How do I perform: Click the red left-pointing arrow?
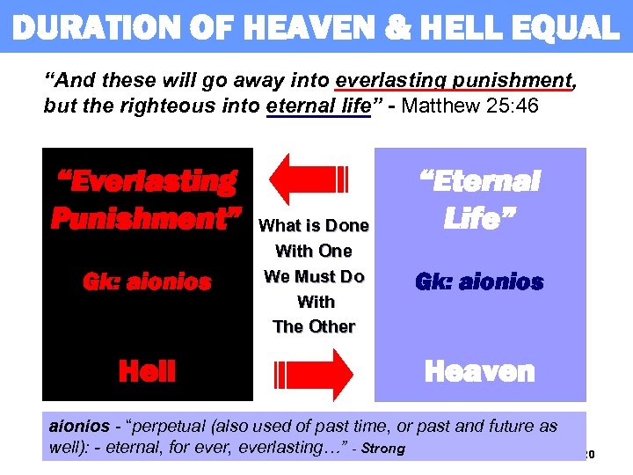[309, 179]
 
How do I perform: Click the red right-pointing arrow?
[314, 373]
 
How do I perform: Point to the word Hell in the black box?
[147, 371]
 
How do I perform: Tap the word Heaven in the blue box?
[479, 371]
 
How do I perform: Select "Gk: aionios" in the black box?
[147, 282]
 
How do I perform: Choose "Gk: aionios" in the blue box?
[479, 282]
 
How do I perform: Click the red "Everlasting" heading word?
[146, 182]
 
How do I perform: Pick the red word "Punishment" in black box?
[146, 218]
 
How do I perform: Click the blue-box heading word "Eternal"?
[479, 182]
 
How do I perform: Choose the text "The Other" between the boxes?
[314, 326]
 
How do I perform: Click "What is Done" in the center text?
[314, 226]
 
